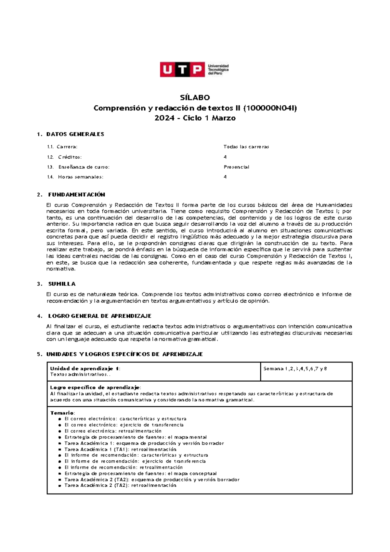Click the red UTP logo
(x=182, y=69)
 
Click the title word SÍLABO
(x=195, y=98)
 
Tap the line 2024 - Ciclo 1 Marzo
(x=195, y=118)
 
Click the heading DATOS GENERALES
(x=75, y=134)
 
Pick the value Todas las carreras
(x=246, y=147)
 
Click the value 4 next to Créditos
(x=225, y=157)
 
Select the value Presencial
(x=236, y=167)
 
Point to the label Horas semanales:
(x=81, y=177)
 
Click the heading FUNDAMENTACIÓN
(x=77, y=195)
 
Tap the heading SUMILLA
(x=62, y=284)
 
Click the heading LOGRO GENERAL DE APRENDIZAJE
(x=100, y=316)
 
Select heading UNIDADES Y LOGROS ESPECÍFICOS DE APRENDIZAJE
(x=124, y=354)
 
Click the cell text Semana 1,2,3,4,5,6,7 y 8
(x=295, y=369)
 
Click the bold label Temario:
(x=62, y=413)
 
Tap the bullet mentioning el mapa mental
(x=136, y=437)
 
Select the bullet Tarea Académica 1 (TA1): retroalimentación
(x=120, y=449)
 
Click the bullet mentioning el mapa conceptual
(x=140, y=474)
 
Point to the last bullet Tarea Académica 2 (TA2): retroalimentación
(x=120, y=486)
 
